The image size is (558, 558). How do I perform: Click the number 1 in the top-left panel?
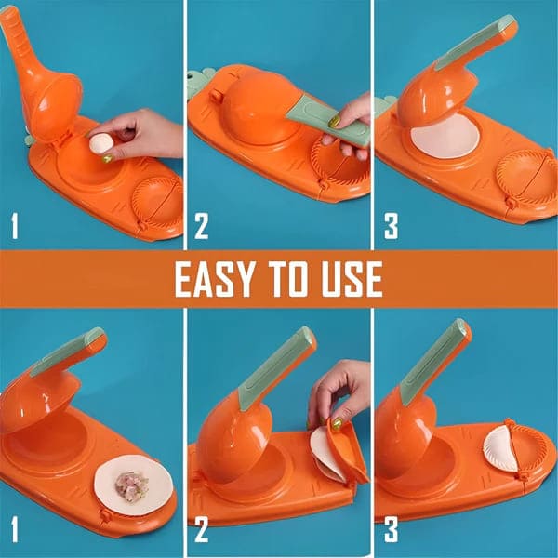[13, 226]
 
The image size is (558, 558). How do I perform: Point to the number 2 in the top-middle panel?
[201, 226]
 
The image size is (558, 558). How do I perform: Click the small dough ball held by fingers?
[99, 143]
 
